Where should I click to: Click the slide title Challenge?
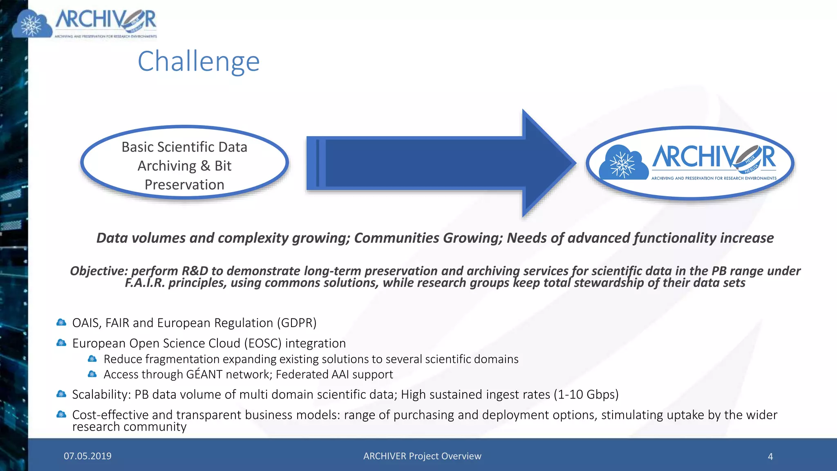pyautogui.click(x=199, y=61)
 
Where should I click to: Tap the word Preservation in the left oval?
pyautogui.click(x=184, y=185)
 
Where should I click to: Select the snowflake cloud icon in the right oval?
pyautogui.click(x=623, y=163)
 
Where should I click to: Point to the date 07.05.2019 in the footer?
pyautogui.click(x=87, y=456)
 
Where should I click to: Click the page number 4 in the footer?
pyautogui.click(x=770, y=456)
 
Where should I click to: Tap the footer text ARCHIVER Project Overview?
pyautogui.click(x=422, y=456)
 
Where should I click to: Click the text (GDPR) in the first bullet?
pyautogui.click(x=297, y=323)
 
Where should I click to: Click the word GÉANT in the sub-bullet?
pyautogui.click(x=204, y=374)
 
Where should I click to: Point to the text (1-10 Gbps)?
pyautogui.click(x=586, y=395)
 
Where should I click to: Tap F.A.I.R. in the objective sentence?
pyautogui.click(x=145, y=283)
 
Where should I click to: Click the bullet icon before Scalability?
pyautogui.click(x=61, y=394)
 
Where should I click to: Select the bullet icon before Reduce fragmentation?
pyautogui.click(x=92, y=359)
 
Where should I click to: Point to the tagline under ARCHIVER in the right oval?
pyautogui.click(x=714, y=178)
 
